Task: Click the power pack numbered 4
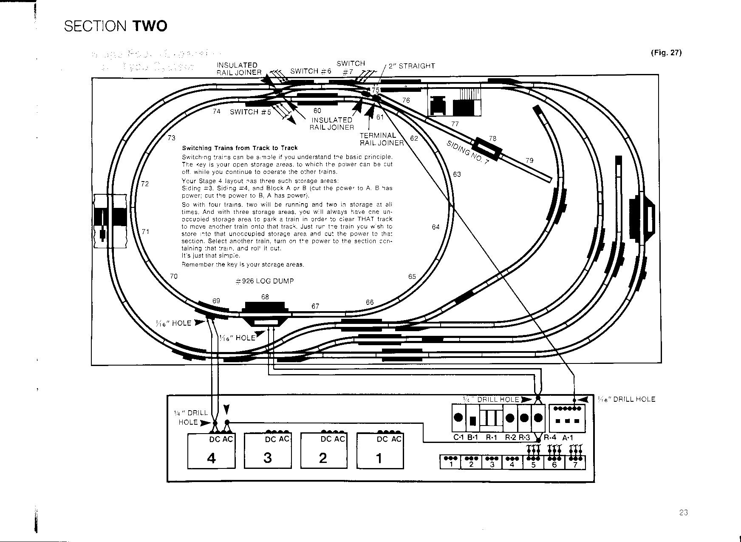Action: tap(211, 451)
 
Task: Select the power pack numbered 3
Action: tap(268, 451)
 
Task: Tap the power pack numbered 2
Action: tap(323, 451)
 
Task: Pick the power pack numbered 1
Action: tap(379, 451)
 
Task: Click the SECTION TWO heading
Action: tap(116, 26)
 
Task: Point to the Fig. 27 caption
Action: tap(666, 53)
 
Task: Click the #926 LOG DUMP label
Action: tap(264, 281)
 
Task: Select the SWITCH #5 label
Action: tap(250, 112)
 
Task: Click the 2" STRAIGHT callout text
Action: tap(412, 66)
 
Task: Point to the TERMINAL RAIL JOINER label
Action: tap(382, 139)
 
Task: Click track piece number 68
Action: tap(265, 297)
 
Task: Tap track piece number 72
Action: tap(145, 184)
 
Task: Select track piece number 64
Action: tap(436, 227)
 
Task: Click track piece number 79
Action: tap(529, 161)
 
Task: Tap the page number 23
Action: tap(683, 513)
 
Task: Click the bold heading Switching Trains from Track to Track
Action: tap(240, 148)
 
